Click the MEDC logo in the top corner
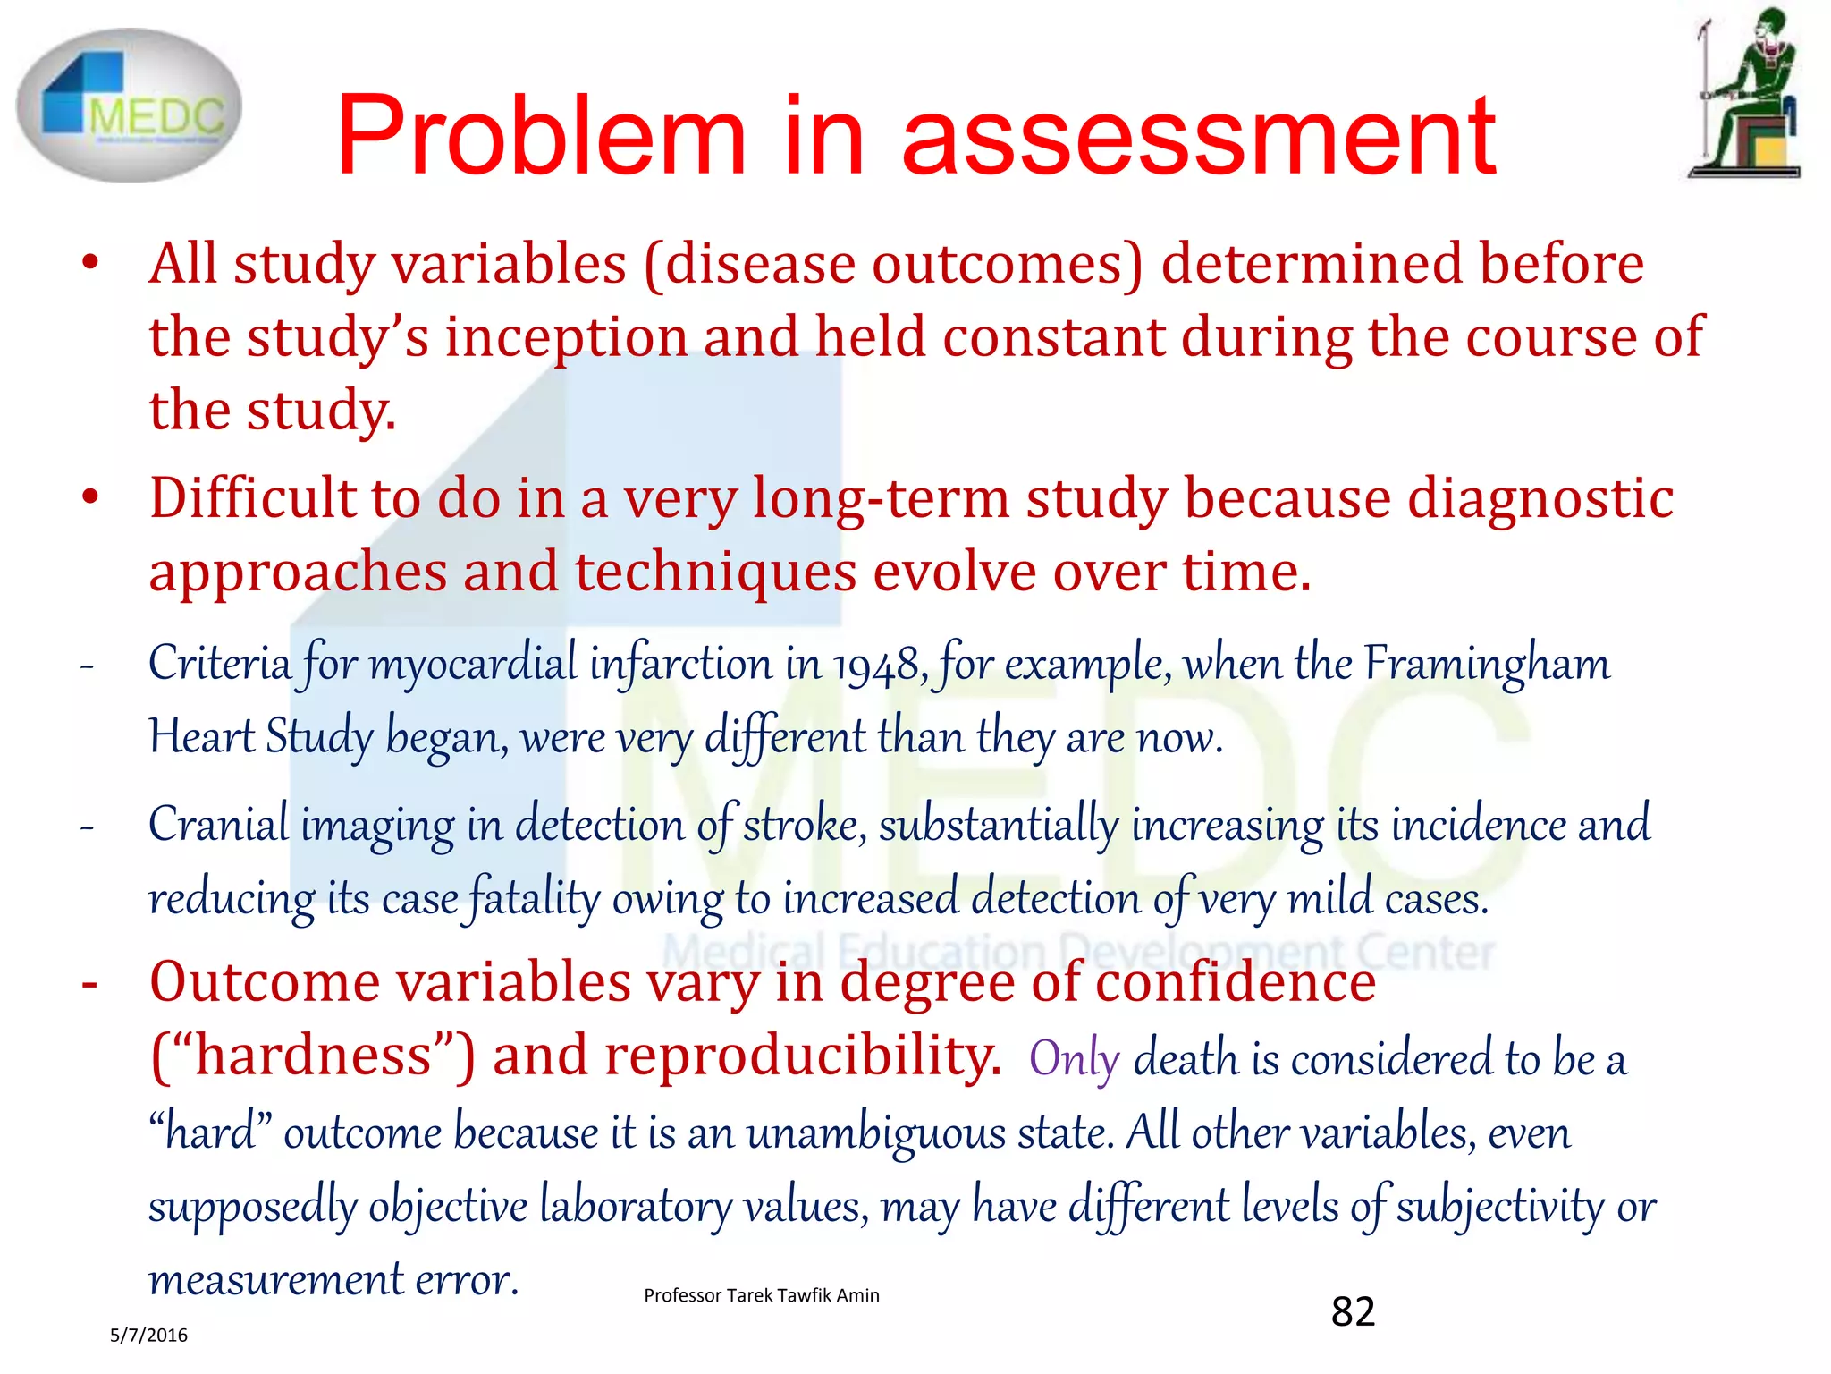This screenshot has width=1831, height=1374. [129, 106]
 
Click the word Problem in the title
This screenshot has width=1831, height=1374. [540, 136]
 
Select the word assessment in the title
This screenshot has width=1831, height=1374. [1198, 136]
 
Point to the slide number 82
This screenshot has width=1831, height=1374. [1353, 1311]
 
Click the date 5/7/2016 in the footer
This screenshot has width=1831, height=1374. [148, 1336]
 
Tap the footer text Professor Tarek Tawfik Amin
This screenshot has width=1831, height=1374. [761, 1295]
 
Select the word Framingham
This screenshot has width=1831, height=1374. [1486, 665]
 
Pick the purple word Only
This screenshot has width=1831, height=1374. [1074, 1059]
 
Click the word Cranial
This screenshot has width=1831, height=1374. [219, 825]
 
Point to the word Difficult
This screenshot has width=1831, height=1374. [252, 498]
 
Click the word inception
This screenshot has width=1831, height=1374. [566, 338]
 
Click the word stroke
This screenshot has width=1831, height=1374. [804, 825]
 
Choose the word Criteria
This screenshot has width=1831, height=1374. [220, 665]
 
